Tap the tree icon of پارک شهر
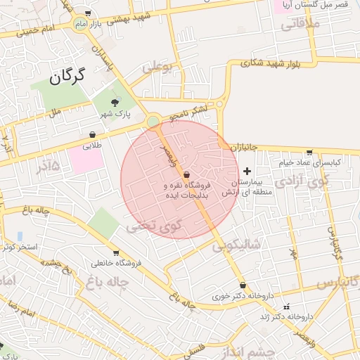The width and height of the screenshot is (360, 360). pyautogui.click(x=115, y=103)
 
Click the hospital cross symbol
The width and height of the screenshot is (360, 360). pyautogui.click(x=247, y=172)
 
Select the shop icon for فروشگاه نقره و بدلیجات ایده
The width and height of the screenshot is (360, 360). pyautogui.click(x=186, y=175)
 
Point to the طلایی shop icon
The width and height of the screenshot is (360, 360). pyautogui.click(x=92, y=135)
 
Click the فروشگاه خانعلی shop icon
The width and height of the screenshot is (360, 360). pyautogui.click(x=116, y=253)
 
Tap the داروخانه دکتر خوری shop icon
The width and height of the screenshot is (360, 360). pyautogui.click(x=243, y=285)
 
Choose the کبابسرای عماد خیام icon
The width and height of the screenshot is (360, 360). pyautogui.click(x=309, y=153)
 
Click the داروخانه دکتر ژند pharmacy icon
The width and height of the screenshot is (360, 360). pyautogui.click(x=285, y=307)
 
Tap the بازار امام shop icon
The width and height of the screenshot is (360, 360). pyautogui.click(x=87, y=13)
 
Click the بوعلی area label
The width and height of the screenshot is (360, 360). pyautogui.click(x=157, y=68)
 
